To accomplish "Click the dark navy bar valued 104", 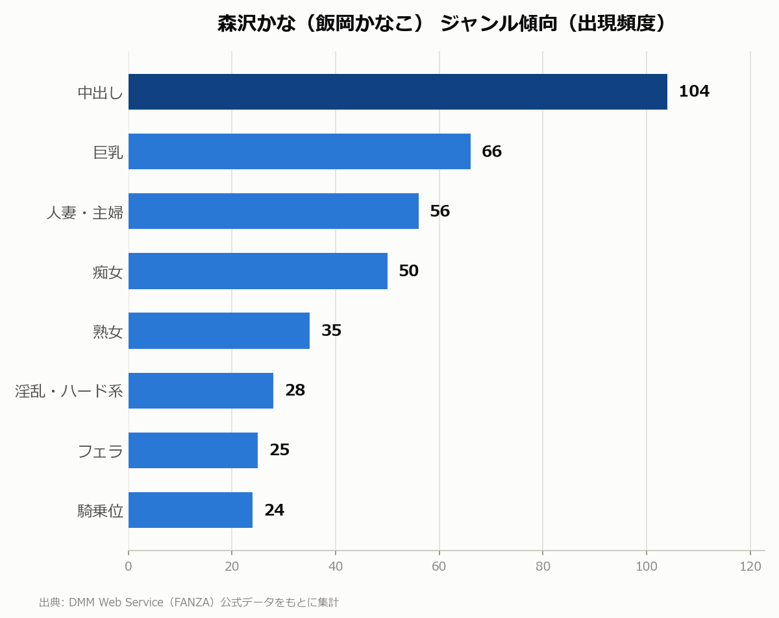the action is point(397,92).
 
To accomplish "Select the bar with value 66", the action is point(299,152).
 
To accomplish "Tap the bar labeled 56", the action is point(273,211).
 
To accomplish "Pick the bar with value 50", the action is point(258,271).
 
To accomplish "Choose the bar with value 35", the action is point(219,331).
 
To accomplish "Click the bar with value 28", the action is point(201,390).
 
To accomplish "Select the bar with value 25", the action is point(193,450).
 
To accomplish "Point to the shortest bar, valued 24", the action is point(190,510).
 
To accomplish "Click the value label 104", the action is point(694,91).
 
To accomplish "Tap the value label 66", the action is point(491,151).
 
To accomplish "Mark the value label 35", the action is point(331,330).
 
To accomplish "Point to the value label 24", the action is point(275,510).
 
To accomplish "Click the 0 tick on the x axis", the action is point(128,566).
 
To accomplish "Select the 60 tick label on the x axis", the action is point(439,566).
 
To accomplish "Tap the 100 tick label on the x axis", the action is point(647,566).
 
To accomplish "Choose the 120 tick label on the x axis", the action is point(750,566).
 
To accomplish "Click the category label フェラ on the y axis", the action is point(100,451).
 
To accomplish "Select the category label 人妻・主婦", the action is point(85,212).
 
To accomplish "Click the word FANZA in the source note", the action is point(190,602).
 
